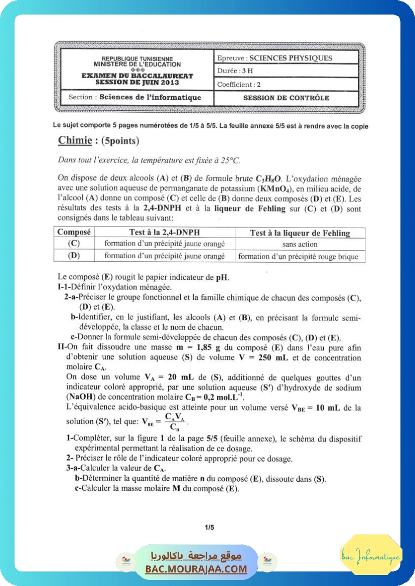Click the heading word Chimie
pos(75,141)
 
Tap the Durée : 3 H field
pos(235,71)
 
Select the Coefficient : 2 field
pos(239,85)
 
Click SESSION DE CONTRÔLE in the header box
pos(286,98)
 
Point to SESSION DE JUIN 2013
pos(137,82)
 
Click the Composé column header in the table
pos(74,232)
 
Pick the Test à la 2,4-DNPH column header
pos(164,232)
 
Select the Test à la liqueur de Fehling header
pos(300,233)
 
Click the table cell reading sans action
pos(300,244)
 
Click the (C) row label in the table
pos(74,244)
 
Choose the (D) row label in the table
pos(74,256)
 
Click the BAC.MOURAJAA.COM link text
pos(196,569)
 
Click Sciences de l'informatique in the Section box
pos(150,98)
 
